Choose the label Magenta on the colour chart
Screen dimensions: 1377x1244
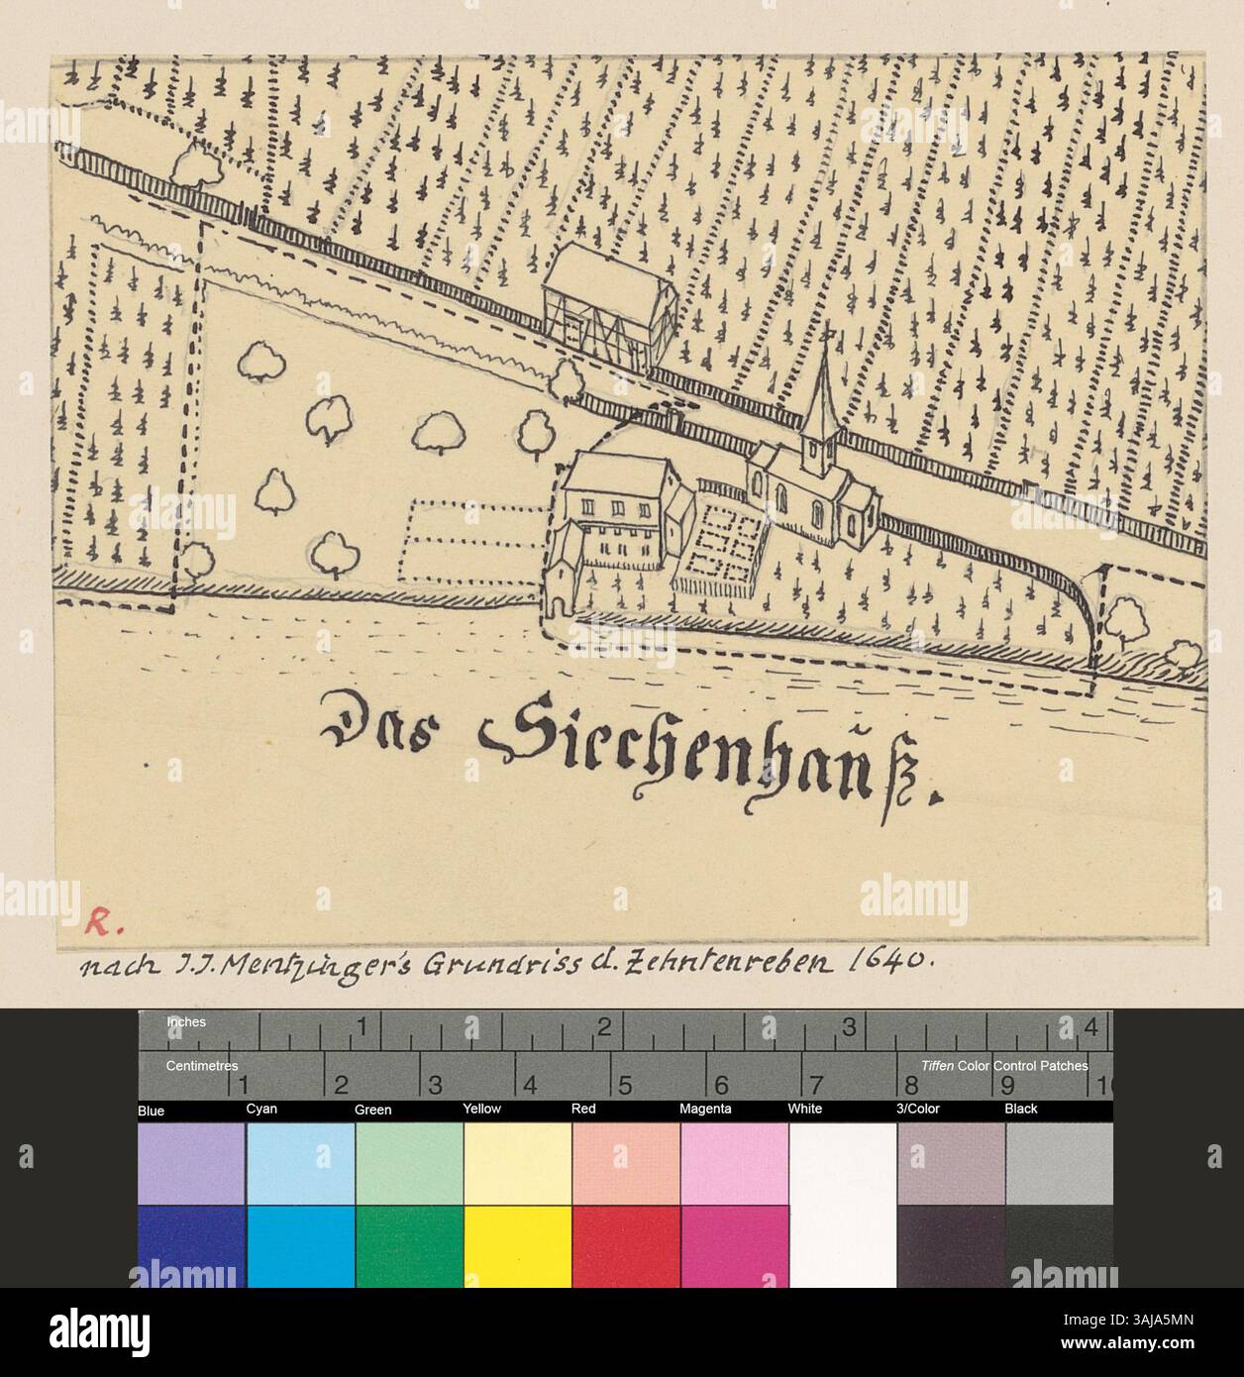point(705,1109)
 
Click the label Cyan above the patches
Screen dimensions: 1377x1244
point(261,1109)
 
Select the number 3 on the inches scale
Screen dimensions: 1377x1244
point(849,1028)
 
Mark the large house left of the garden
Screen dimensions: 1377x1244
point(614,515)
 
